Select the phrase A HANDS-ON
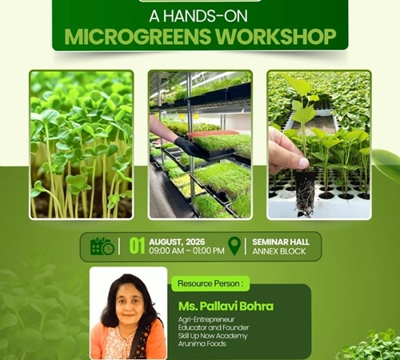click(198, 16)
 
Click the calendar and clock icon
click(102, 246)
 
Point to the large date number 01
click(137, 246)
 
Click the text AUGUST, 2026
click(177, 242)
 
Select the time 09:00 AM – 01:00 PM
click(186, 250)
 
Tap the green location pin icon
click(234, 246)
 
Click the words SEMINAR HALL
click(281, 242)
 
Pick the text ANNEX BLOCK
click(279, 251)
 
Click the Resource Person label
click(210, 283)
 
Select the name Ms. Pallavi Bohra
click(226, 306)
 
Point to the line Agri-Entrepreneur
click(206, 319)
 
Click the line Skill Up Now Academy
click(213, 336)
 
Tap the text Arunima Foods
click(202, 344)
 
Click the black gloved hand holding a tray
click(190, 146)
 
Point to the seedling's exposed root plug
click(306, 192)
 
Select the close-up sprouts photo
click(82, 145)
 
